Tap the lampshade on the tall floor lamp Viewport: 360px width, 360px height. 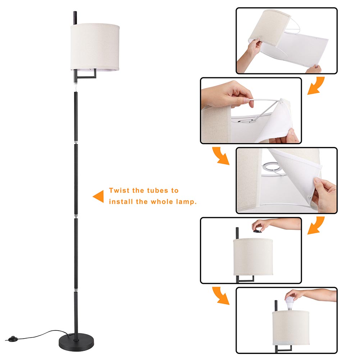click(x=95, y=47)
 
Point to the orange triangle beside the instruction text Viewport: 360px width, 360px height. click(x=98, y=196)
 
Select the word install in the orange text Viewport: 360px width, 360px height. click(x=121, y=202)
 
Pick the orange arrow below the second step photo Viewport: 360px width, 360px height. click(x=221, y=156)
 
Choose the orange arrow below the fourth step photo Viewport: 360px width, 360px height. click(x=221, y=296)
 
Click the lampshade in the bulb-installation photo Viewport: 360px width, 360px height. click(x=291, y=328)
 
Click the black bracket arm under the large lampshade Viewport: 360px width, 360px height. click(x=86, y=74)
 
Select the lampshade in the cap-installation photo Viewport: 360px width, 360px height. click(x=253, y=257)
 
